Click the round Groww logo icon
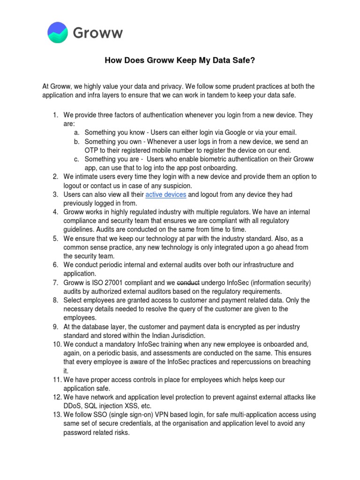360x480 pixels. pos(58,32)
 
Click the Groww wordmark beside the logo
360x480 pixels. pos(98,33)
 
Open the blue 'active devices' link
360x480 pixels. pos(166,195)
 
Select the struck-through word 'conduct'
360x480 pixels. pos(188,283)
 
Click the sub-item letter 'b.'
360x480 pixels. pos(76,142)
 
